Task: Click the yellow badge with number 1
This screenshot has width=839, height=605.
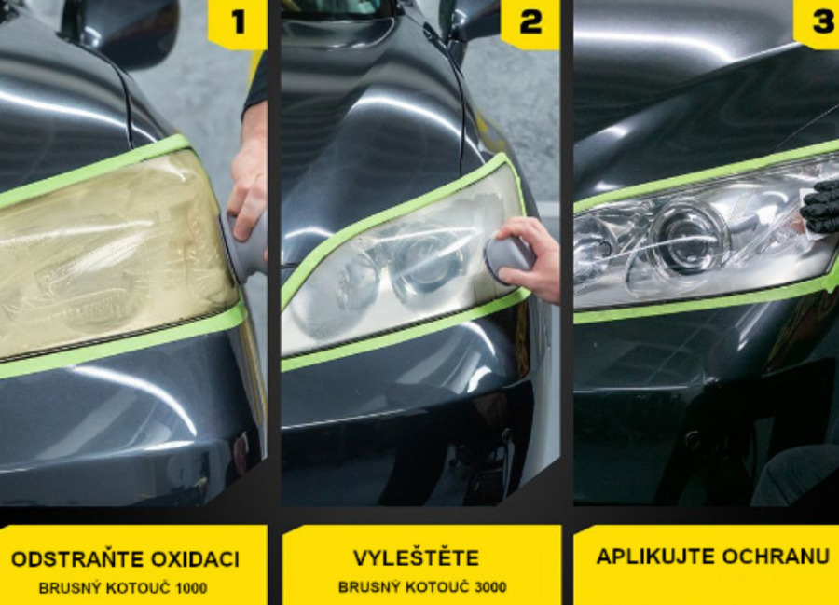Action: point(238,24)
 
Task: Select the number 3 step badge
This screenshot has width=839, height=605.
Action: point(818,23)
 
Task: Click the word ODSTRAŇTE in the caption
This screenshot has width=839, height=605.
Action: point(77,559)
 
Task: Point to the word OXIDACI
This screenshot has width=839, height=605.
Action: point(195,559)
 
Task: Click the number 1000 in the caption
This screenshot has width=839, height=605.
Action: point(191,588)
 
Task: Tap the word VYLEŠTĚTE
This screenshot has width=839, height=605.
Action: point(416,558)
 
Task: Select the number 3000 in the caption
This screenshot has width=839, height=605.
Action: point(490,587)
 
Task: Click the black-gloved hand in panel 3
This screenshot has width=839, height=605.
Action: point(820,206)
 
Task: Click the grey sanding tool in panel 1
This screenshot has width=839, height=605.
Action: point(245,244)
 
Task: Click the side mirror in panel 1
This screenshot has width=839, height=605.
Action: point(130,30)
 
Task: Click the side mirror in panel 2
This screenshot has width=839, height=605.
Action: point(472,21)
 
